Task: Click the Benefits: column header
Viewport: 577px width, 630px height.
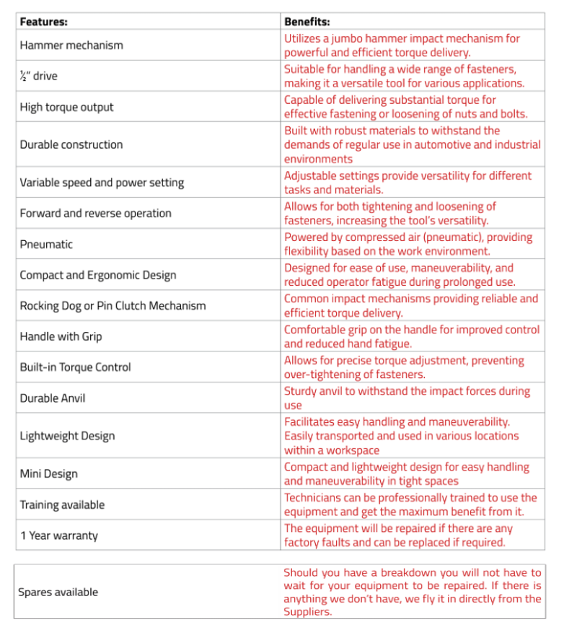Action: coord(307,22)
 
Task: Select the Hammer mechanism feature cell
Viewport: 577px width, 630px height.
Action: coord(71,45)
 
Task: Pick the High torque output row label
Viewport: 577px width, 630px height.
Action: coord(66,107)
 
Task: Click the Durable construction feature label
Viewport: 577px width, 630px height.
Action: coord(71,144)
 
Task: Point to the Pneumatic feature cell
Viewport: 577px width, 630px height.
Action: coord(46,244)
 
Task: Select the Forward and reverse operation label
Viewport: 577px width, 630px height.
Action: coord(95,213)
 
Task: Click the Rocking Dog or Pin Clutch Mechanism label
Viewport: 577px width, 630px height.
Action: coord(113,305)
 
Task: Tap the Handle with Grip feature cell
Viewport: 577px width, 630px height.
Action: coord(61,336)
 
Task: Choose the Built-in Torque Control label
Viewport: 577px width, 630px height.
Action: coord(75,367)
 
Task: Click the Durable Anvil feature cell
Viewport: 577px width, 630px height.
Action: coord(58,398)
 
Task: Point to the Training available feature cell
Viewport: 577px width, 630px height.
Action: coord(62,504)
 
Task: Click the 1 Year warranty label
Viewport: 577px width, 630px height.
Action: coord(58,535)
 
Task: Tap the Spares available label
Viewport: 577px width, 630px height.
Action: coord(58,592)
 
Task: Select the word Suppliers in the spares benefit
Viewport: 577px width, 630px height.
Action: coord(307,612)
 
